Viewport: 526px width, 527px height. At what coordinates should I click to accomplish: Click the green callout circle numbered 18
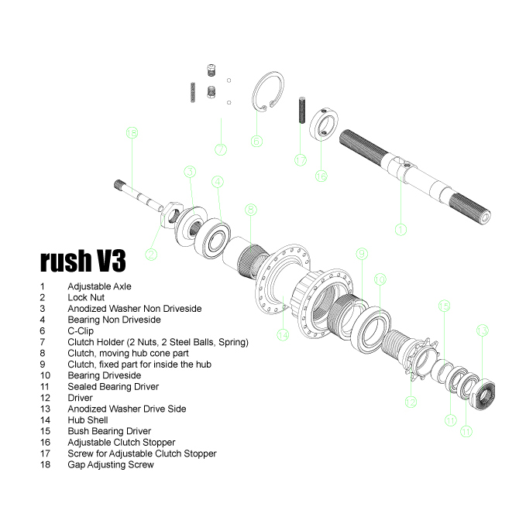(x=131, y=133)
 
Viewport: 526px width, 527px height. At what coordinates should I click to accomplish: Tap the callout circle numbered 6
(x=256, y=141)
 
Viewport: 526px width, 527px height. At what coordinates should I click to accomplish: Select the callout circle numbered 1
(x=401, y=229)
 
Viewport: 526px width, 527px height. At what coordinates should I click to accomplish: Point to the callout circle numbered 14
(x=283, y=335)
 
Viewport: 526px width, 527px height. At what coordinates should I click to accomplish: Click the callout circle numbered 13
(x=482, y=331)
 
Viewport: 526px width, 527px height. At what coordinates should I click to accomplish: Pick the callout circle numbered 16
(x=321, y=176)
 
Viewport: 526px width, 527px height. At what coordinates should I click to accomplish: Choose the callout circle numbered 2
(x=152, y=253)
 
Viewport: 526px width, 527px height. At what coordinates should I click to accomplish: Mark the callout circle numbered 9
(x=361, y=253)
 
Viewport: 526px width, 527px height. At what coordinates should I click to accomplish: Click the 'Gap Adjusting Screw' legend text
(x=111, y=464)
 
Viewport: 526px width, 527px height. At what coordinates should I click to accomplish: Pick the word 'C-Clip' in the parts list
(x=81, y=330)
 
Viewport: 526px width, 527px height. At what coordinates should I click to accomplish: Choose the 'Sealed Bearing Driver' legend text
(x=113, y=386)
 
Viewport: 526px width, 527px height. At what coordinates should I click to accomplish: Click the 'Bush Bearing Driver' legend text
(x=109, y=431)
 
